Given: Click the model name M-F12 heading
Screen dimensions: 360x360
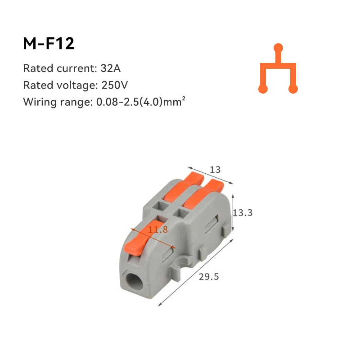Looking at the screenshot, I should (x=49, y=44).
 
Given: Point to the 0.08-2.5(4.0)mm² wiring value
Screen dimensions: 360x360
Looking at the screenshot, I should (x=141, y=102).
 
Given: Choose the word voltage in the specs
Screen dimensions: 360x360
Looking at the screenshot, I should (x=72, y=85).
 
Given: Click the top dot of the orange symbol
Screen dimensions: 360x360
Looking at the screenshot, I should (x=279, y=47).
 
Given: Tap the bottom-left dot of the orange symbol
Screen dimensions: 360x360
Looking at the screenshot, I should (x=263, y=89).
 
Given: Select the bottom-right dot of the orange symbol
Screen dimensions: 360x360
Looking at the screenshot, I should (x=293, y=89).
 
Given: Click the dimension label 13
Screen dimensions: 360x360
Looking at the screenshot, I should (x=216, y=170).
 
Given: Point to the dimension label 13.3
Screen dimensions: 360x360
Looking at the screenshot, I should (x=243, y=212).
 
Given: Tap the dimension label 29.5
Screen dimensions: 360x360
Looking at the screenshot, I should (x=209, y=277).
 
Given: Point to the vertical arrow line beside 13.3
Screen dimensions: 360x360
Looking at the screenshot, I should (x=233, y=212).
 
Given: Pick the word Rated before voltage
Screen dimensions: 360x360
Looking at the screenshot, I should (x=36, y=85).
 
